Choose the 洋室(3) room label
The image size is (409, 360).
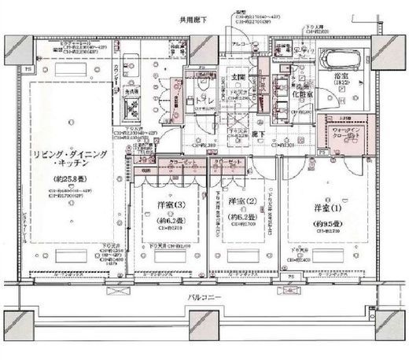pos(163,208)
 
